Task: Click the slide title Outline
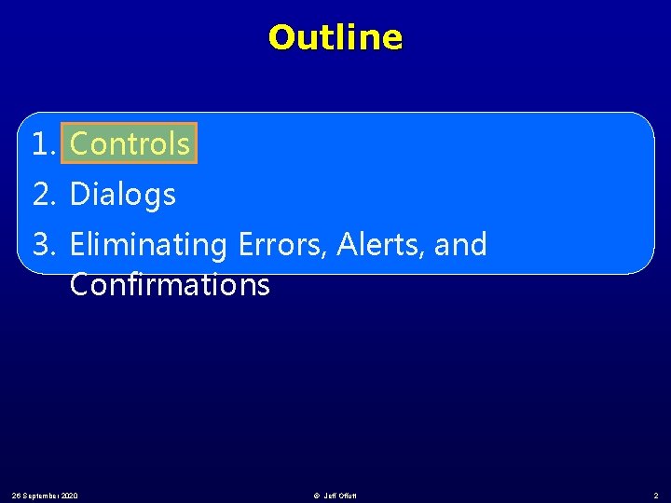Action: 335,38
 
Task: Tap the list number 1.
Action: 43,144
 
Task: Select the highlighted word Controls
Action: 130,144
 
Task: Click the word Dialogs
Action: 123,195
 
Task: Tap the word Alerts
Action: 370,245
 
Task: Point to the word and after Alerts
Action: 461,245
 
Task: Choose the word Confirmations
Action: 170,285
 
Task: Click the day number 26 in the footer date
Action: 18,496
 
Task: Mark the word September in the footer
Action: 42,496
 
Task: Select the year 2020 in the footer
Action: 70,496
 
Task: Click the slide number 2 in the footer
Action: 656,496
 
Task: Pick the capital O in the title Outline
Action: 279,38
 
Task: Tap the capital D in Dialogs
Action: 79,195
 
